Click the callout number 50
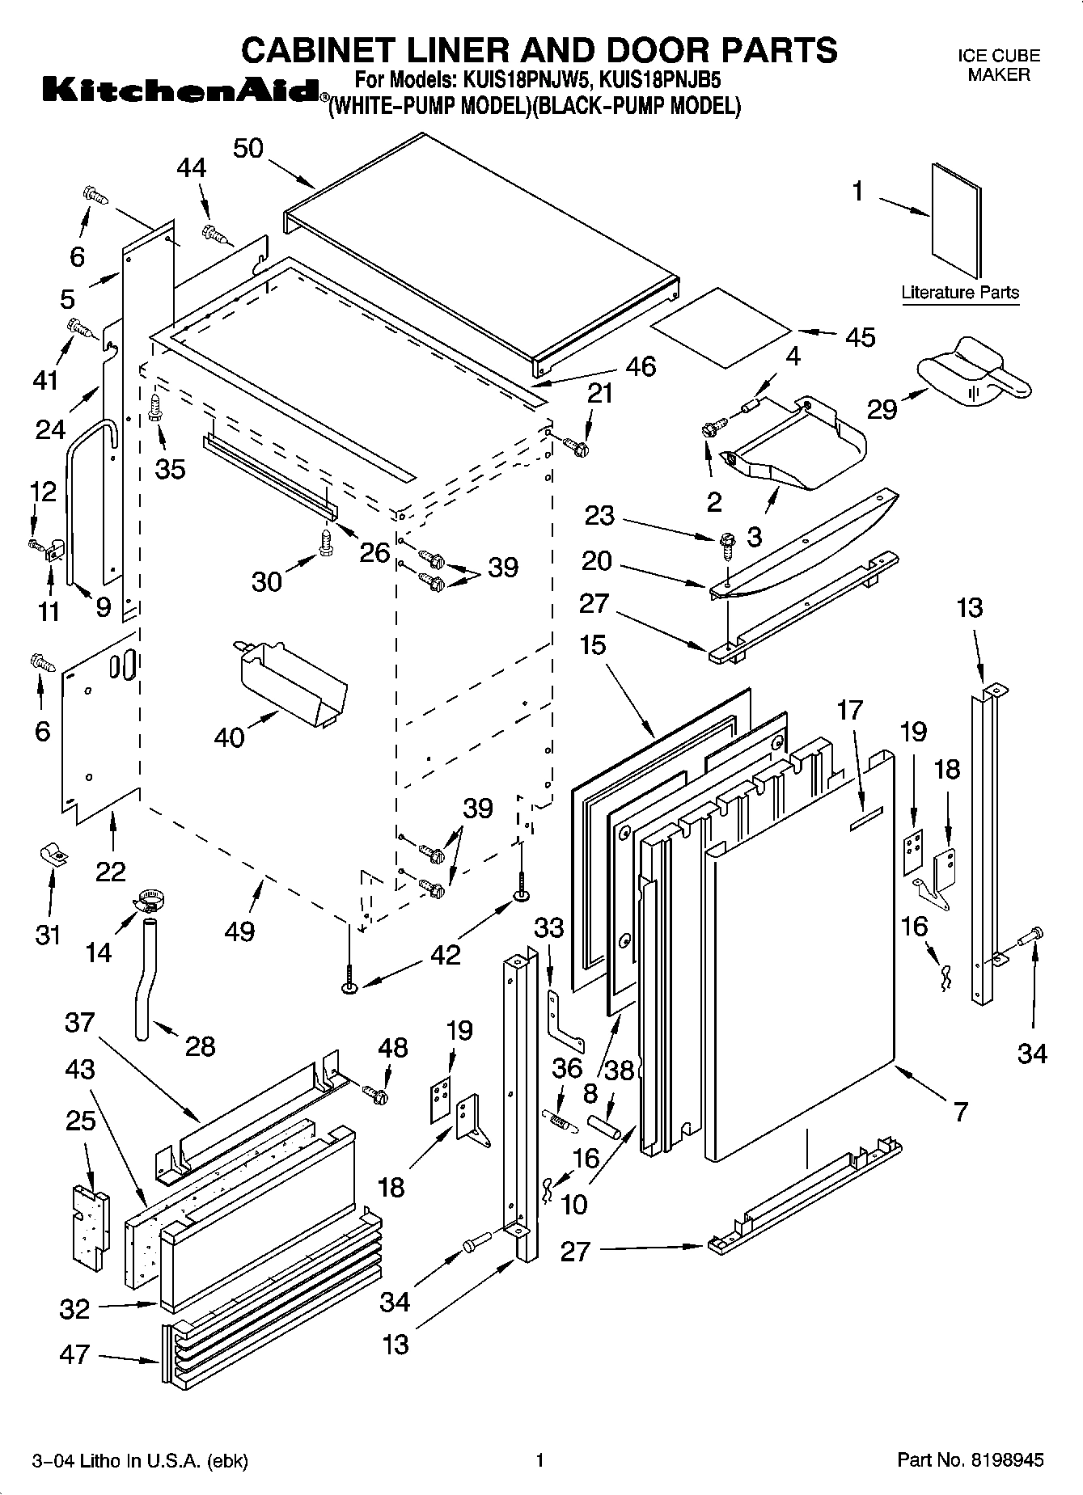click(248, 149)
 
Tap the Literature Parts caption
click(960, 293)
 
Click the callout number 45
click(860, 336)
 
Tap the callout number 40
click(230, 737)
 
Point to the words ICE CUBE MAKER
click(999, 65)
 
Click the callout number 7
click(960, 1112)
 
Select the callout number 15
click(592, 646)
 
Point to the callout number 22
click(111, 871)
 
